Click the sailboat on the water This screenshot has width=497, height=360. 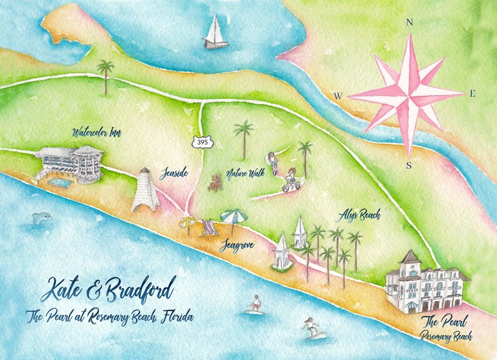(215, 33)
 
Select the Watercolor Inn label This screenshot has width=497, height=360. (96, 133)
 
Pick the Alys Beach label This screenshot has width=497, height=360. (359, 215)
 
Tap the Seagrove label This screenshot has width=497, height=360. (236, 246)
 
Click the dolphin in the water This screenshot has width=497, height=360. (42, 219)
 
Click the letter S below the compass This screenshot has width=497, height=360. (409, 165)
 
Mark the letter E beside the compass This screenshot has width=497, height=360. (473, 94)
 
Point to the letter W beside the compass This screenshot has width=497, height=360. (337, 96)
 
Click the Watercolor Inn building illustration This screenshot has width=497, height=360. (67, 165)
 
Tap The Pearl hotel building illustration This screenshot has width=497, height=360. (426, 281)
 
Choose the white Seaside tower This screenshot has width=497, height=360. (145, 190)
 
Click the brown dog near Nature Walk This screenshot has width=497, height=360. (217, 182)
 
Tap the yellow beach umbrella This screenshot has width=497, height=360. (187, 222)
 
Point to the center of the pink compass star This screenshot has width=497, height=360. (407, 96)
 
